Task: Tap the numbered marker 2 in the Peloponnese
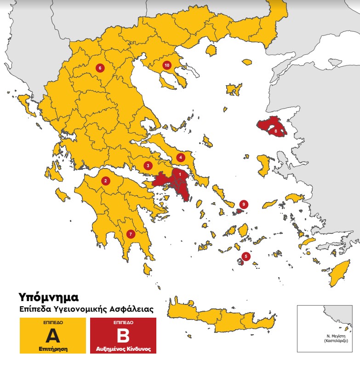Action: (106, 181)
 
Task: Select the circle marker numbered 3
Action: (148, 166)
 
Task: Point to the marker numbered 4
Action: (181, 157)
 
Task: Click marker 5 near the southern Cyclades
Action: (246, 256)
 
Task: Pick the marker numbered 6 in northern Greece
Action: (100, 68)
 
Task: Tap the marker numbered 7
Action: (131, 234)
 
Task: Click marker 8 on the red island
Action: (275, 131)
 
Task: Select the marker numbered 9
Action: (244, 204)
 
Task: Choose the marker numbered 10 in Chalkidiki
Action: (166, 65)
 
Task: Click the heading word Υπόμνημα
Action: (46, 295)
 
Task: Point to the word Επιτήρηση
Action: (52, 349)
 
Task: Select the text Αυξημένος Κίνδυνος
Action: (122, 349)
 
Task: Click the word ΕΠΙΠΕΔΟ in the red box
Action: (122, 324)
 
